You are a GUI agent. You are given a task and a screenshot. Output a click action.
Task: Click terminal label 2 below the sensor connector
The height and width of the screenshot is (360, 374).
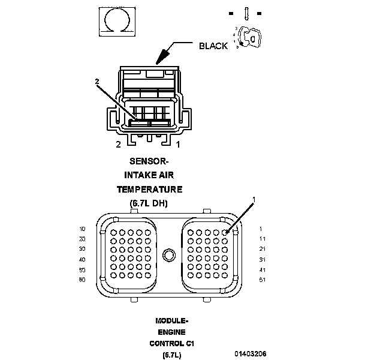click(x=118, y=145)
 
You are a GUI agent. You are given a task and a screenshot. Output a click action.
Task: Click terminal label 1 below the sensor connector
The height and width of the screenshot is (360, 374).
click(x=178, y=145)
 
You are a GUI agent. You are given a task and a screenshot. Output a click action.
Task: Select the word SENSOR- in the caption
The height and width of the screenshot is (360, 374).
click(x=149, y=161)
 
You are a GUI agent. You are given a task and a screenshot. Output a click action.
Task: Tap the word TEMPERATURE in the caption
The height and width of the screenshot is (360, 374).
click(x=149, y=190)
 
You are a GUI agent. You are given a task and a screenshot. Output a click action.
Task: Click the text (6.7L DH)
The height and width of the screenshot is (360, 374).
click(x=149, y=203)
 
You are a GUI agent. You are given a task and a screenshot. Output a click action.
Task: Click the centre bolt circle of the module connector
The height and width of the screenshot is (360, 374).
click(x=171, y=255)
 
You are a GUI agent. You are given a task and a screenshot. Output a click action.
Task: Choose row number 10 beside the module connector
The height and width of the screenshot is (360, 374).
click(x=82, y=229)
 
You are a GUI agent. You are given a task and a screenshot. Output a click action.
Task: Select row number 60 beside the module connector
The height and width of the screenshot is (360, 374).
click(x=82, y=280)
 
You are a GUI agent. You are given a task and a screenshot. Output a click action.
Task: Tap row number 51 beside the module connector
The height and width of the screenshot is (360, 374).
click(x=261, y=280)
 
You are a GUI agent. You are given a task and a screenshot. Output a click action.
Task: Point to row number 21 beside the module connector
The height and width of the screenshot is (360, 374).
click(x=261, y=249)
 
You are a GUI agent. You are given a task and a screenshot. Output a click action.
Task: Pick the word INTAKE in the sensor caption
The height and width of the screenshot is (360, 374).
click(x=137, y=175)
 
